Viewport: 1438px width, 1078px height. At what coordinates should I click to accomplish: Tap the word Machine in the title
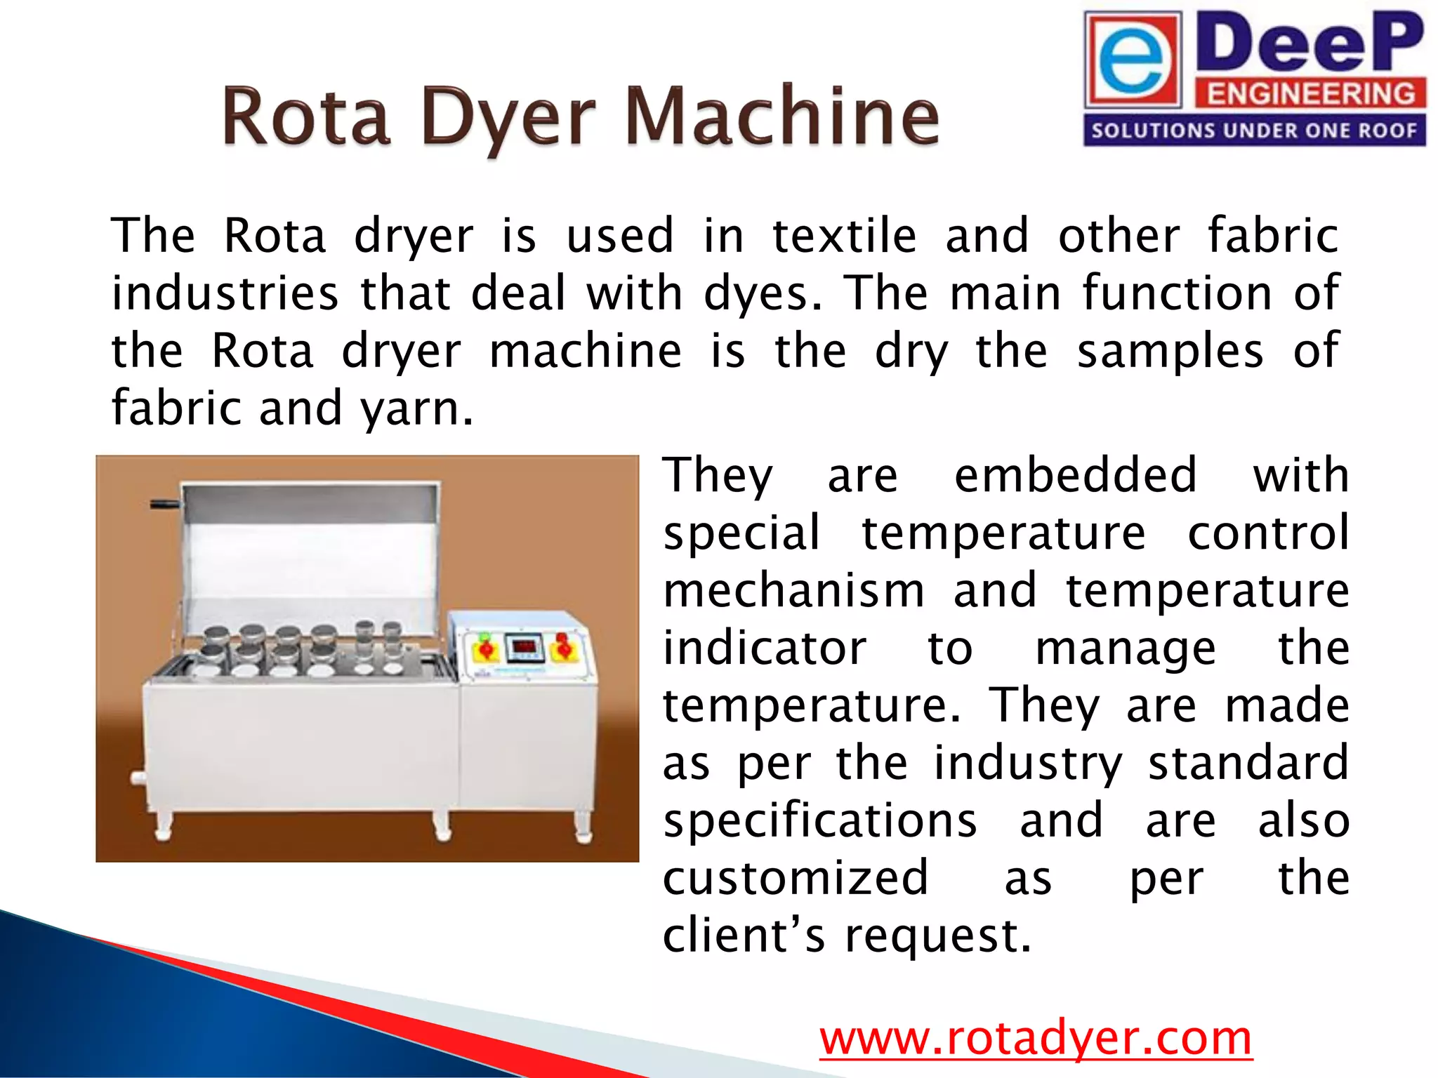coord(781,116)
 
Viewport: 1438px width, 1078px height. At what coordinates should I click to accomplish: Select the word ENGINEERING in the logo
coord(1310,93)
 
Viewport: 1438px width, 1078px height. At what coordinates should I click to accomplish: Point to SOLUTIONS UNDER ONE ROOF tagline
coord(1254,131)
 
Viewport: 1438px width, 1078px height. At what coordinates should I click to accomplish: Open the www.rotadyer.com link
coord(1036,1038)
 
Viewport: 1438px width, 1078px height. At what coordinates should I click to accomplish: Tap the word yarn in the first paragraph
coord(416,408)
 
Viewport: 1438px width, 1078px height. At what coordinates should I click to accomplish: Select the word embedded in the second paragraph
coord(1075,475)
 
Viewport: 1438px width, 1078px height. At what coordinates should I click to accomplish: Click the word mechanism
coord(794,590)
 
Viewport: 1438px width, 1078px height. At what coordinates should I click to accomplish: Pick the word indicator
coord(765,648)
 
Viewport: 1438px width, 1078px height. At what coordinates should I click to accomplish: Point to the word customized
coord(796,878)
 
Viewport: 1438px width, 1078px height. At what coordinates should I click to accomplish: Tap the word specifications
coord(820,820)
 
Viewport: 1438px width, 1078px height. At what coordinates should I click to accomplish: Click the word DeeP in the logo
coord(1309,44)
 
